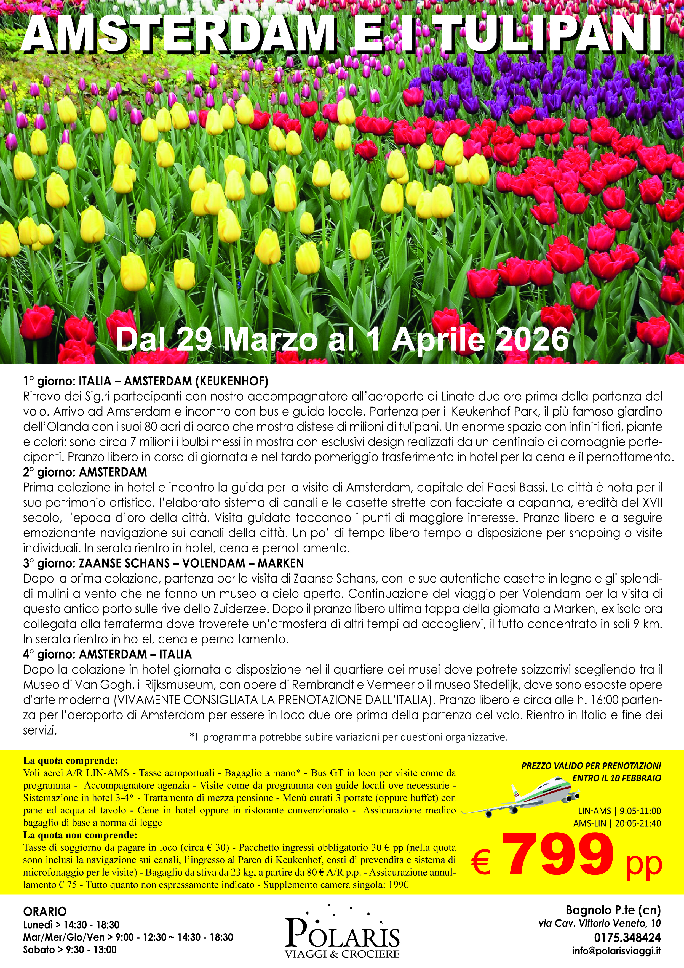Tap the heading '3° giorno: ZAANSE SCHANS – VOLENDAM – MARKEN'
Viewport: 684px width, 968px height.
coord(164,563)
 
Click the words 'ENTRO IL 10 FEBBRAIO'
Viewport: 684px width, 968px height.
coord(617,778)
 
